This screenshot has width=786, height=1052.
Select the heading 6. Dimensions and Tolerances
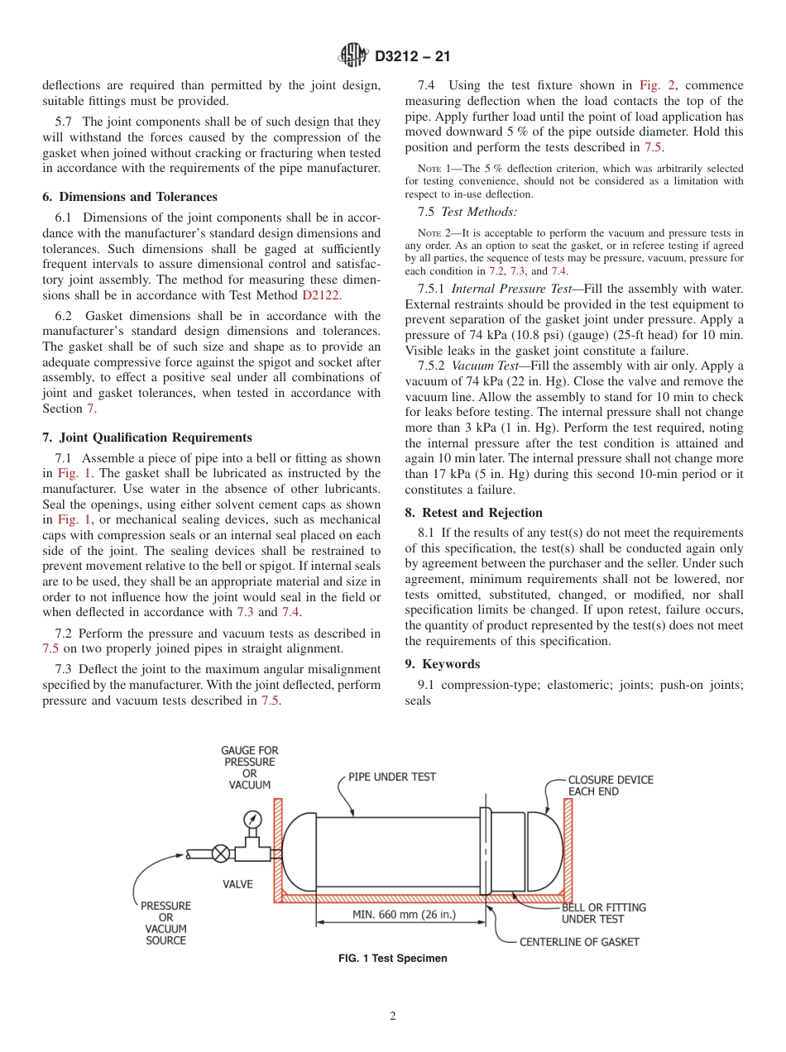[x=130, y=197]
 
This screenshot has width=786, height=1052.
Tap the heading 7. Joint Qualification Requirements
[x=146, y=438]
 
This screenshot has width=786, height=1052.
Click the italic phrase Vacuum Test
[x=484, y=366]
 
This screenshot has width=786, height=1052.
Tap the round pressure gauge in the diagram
[x=252, y=819]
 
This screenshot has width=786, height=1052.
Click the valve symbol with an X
[x=222, y=853]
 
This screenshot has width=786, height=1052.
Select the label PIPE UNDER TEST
[x=391, y=777]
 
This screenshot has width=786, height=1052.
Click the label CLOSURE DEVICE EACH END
[x=610, y=786]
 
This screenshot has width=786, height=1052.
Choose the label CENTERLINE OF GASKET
[x=578, y=941]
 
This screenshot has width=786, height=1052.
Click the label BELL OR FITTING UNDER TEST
[x=603, y=913]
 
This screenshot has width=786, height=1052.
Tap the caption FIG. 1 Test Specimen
[x=393, y=959]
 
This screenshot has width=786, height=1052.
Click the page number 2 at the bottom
[x=393, y=1016]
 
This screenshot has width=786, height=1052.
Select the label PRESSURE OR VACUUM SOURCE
[x=165, y=923]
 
